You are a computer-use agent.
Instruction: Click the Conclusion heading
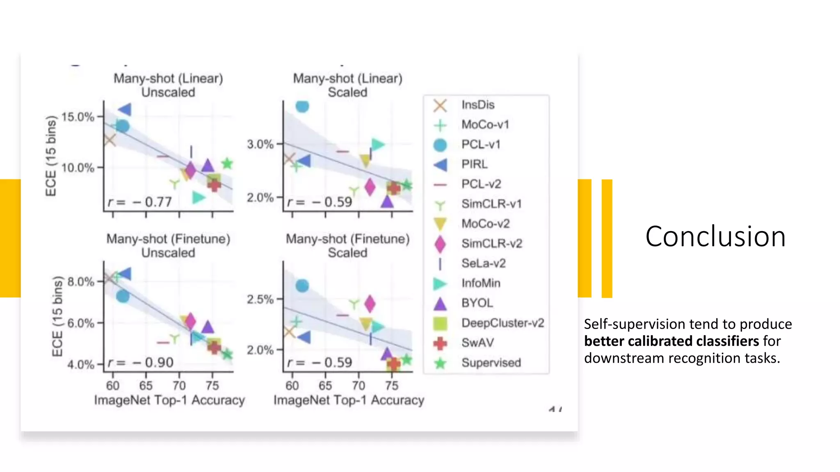pyautogui.click(x=715, y=237)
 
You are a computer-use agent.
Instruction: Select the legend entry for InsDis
pyautogui.click(x=477, y=105)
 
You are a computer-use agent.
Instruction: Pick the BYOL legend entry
pyautogui.click(x=477, y=303)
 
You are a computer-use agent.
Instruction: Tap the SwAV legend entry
pyautogui.click(x=477, y=343)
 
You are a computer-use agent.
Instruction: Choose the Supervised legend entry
pyautogui.click(x=491, y=363)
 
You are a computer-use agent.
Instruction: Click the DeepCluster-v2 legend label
pyautogui.click(x=502, y=323)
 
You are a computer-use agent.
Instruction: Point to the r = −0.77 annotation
pyautogui.click(x=140, y=202)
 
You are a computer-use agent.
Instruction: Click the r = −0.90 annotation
pyautogui.click(x=141, y=363)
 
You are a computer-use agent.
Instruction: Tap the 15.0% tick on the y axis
pyautogui.click(x=78, y=117)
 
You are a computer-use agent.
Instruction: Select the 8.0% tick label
pyautogui.click(x=80, y=282)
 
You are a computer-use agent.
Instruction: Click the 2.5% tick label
pyautogui.click(x=260, y=300)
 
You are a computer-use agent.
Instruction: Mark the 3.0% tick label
pyautogui.click(x=260, y=144)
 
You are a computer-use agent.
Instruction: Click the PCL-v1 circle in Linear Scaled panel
pyautogui.click(x=302, y=106)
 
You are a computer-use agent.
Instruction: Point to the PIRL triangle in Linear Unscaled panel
pyautogui.click(x=125, y=109)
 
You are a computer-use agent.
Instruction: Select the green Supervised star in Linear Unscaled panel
pyautogui.click(x=227, y=164)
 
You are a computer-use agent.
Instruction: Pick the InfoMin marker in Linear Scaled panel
pyautogui.click(x=377, y=144)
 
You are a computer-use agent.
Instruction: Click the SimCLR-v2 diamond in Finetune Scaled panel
pyautogui.click(x=370, y=304)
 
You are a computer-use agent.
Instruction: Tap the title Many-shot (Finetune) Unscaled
pyautogui.click(x=168, y=245)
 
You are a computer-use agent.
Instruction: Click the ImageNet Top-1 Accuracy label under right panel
pyautogui.click(x=349, y=400)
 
